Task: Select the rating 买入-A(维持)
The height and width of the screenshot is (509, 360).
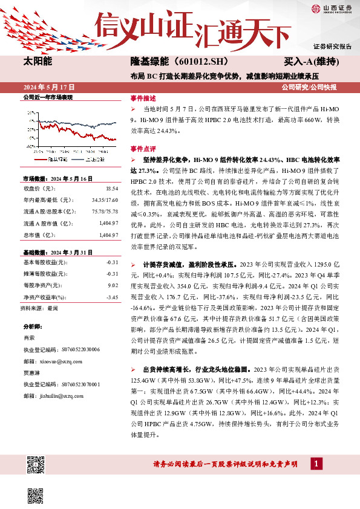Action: tap(310, 62)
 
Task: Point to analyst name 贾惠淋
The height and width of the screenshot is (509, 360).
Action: tap(31, 372)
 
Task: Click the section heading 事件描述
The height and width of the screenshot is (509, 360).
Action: tap(143, 97)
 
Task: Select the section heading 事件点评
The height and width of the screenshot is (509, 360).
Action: tap(143, 149)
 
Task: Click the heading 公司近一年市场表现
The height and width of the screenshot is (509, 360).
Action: tap(47, 97)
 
